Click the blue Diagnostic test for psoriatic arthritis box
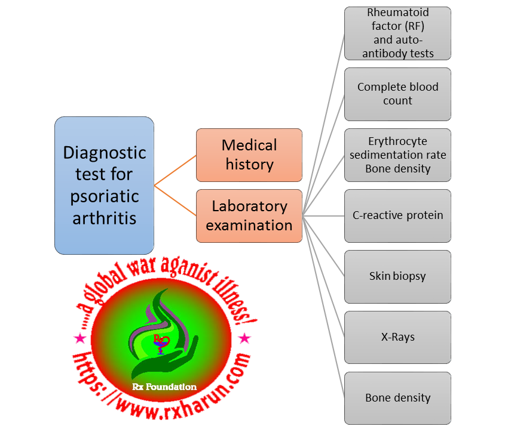click(104, 185)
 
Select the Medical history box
click(249, 155)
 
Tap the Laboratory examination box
click(249, 215)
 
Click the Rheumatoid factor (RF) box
click(397, 33)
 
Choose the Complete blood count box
click(397, 94)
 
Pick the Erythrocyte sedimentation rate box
click(397, 155)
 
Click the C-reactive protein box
click(397, 215)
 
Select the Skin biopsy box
click(397, 276)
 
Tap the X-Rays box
click(397, 337)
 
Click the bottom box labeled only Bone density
click(397, 398)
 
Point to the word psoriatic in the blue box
click(104, 196)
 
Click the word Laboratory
click(249, 206)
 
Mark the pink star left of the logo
click(79, 339)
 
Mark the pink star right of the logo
click(244, 339)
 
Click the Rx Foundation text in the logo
click(164, 387)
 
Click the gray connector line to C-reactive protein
click(323, 215)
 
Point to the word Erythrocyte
click(397, 141)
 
